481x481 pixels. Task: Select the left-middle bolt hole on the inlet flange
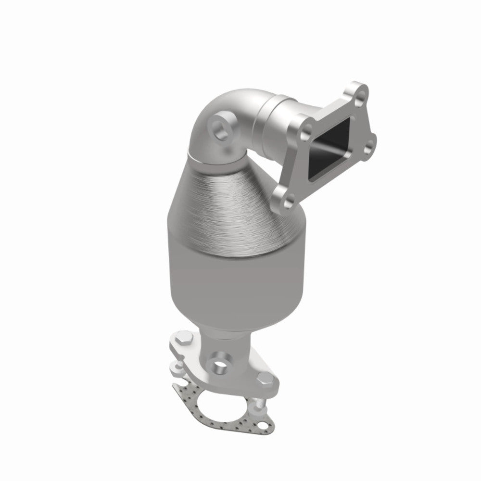[306, 130]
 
